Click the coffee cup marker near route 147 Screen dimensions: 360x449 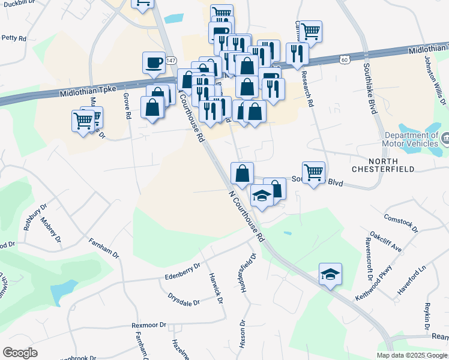pos(153,62)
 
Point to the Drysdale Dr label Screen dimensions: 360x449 pos(184,299)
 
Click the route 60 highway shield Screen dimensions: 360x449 pos(343,59)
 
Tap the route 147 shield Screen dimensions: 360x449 pos(172,61)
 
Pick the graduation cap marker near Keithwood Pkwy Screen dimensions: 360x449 pos(330,274)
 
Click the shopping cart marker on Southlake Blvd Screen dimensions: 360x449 pos(313,173)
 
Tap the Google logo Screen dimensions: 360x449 pos(20,353)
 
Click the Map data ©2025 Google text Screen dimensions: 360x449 pos(411,355)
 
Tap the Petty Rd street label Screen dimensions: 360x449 pos(14,38)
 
